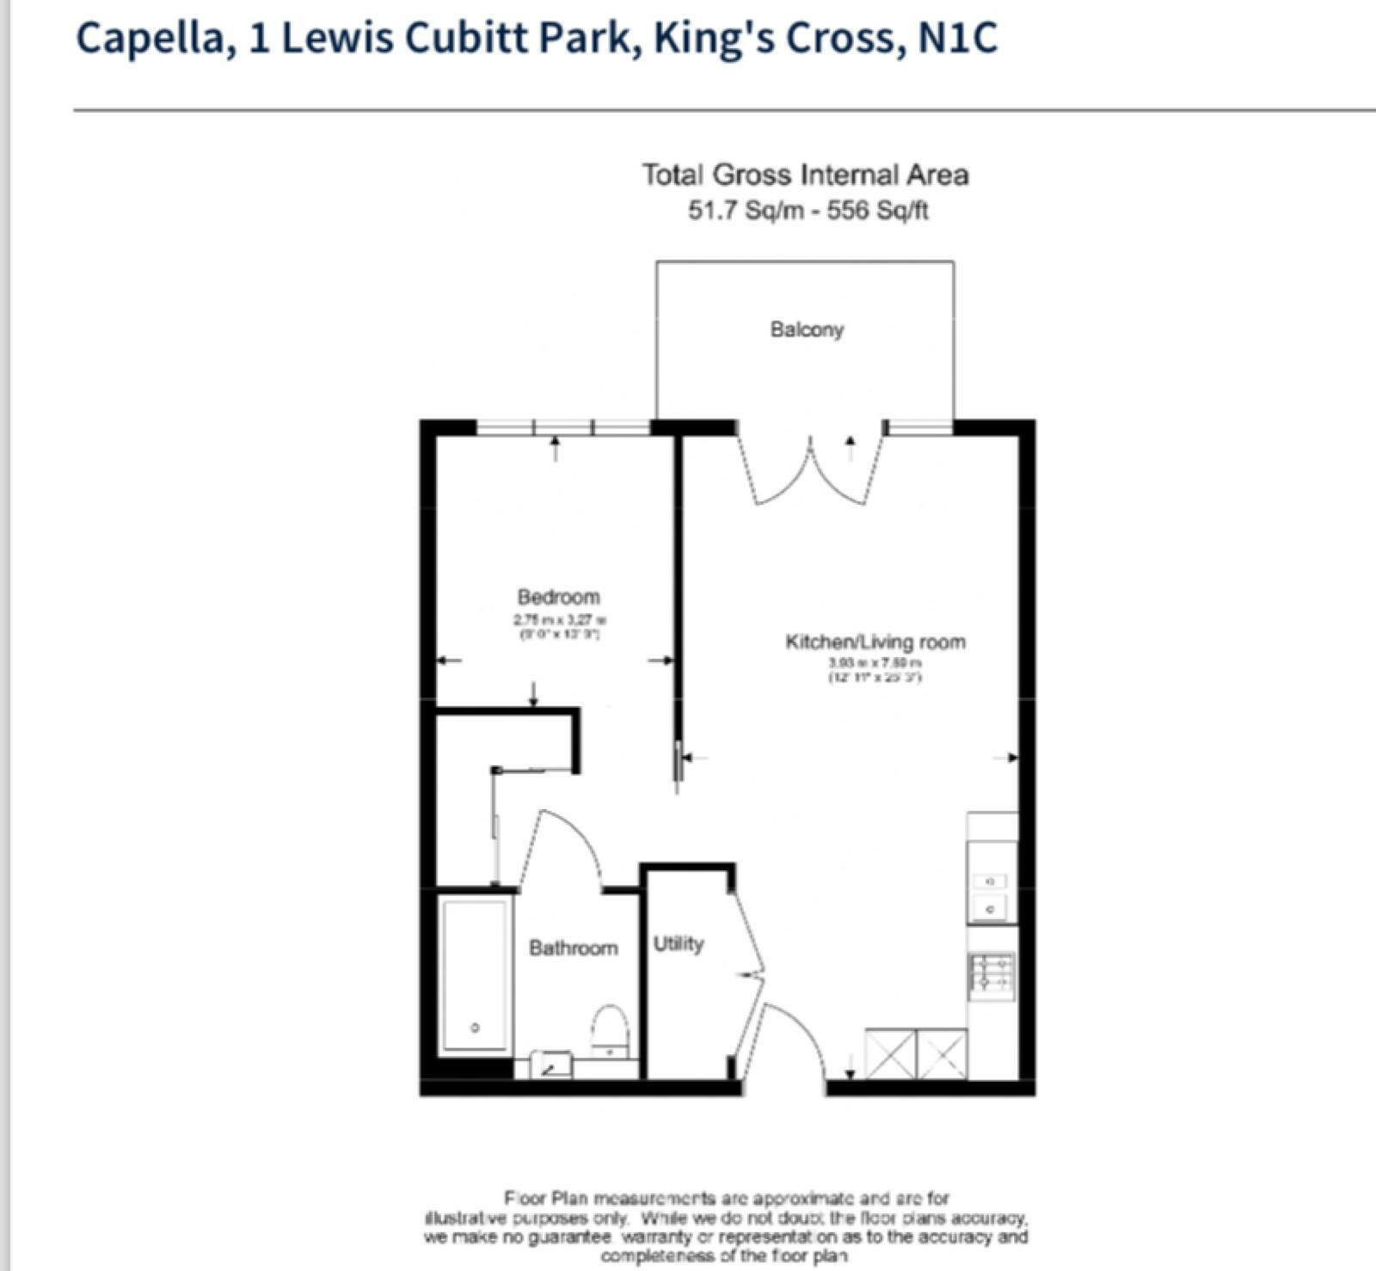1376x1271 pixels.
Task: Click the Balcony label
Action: click(807, 329)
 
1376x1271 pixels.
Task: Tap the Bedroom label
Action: click(558, 597)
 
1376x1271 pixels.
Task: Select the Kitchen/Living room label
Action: click(875, 642)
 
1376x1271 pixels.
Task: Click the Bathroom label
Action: click(573, 948)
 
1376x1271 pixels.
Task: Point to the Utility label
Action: click(678, 943)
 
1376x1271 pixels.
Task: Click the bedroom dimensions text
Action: click(560, 626)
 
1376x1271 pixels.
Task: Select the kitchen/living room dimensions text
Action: click(875, 670)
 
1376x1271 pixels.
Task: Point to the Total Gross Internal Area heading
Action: click(805, 175)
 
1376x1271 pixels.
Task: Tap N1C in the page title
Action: click(957, 39)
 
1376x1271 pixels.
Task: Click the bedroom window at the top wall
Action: click(562, 427)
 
